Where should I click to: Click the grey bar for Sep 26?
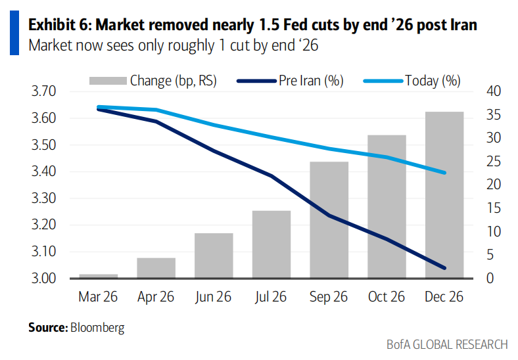pyautogui.click(x=329, y=219)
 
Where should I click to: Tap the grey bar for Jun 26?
pyautogui.click(x=214, y=256)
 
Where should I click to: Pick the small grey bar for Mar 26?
pyautogui.click(x=98, y=276)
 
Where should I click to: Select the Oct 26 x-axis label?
pyautogui.click(x=387, y=297)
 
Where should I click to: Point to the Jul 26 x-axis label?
pyautogui.click(x=271, y=297)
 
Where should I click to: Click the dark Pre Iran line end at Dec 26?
pyautogui.click(x=445, y=268)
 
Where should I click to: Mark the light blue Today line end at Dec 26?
pyautogui.click(x=445, y=173)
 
